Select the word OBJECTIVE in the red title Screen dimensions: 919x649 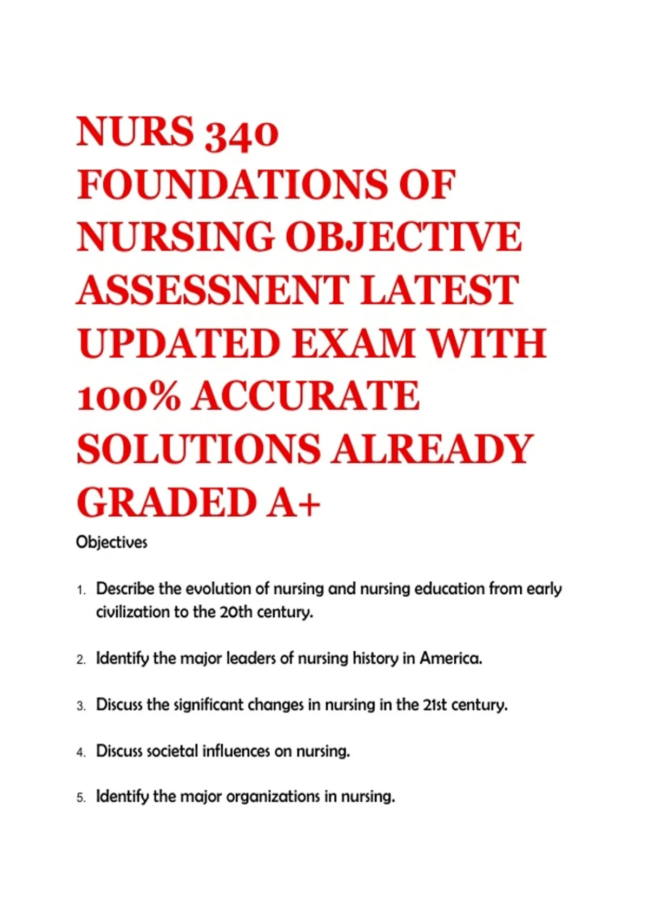tap(403, 238)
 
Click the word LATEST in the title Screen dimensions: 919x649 tap(439, 290)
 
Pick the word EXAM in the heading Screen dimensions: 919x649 tap(353, 343)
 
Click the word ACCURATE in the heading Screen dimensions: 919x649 tap(306, 396)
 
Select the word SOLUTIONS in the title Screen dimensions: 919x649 tap(198, 449)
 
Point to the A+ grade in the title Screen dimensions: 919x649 tap(294, 502)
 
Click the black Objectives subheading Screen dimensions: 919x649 tap(111, 542)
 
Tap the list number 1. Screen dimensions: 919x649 tap(81, 590)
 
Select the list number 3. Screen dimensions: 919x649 tap(81, 706)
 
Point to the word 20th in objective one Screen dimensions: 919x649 tap(236, 612)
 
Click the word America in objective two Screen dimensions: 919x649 tap(451, 658)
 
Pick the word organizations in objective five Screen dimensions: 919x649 tap(273, 797)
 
